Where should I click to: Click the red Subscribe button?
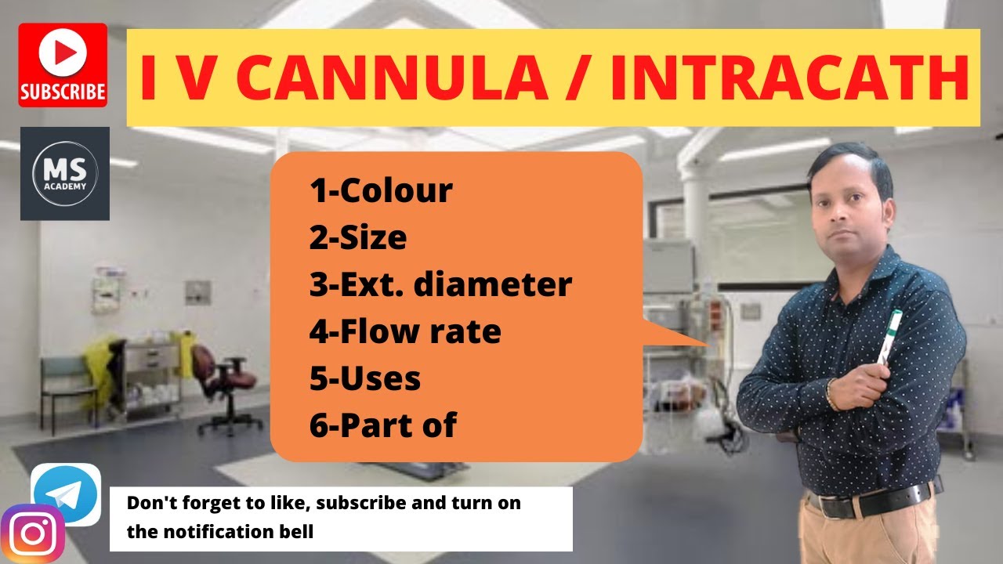[x=63, y=65]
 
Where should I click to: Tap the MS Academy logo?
[x=65, y=173]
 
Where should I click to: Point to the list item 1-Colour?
[x=381, y=190]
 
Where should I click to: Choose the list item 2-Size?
[x=358, y=237]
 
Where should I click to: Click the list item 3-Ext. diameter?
[x=440, y=284]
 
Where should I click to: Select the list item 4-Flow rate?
[x=405, y=331]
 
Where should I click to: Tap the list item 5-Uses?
[x=365, y=378]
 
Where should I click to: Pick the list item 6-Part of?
[x=383, y=425]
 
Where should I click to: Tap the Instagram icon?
[x=33, y=534]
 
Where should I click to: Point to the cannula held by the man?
[x=890, y=336]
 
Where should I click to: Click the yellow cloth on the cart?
[x=102, y=368]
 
